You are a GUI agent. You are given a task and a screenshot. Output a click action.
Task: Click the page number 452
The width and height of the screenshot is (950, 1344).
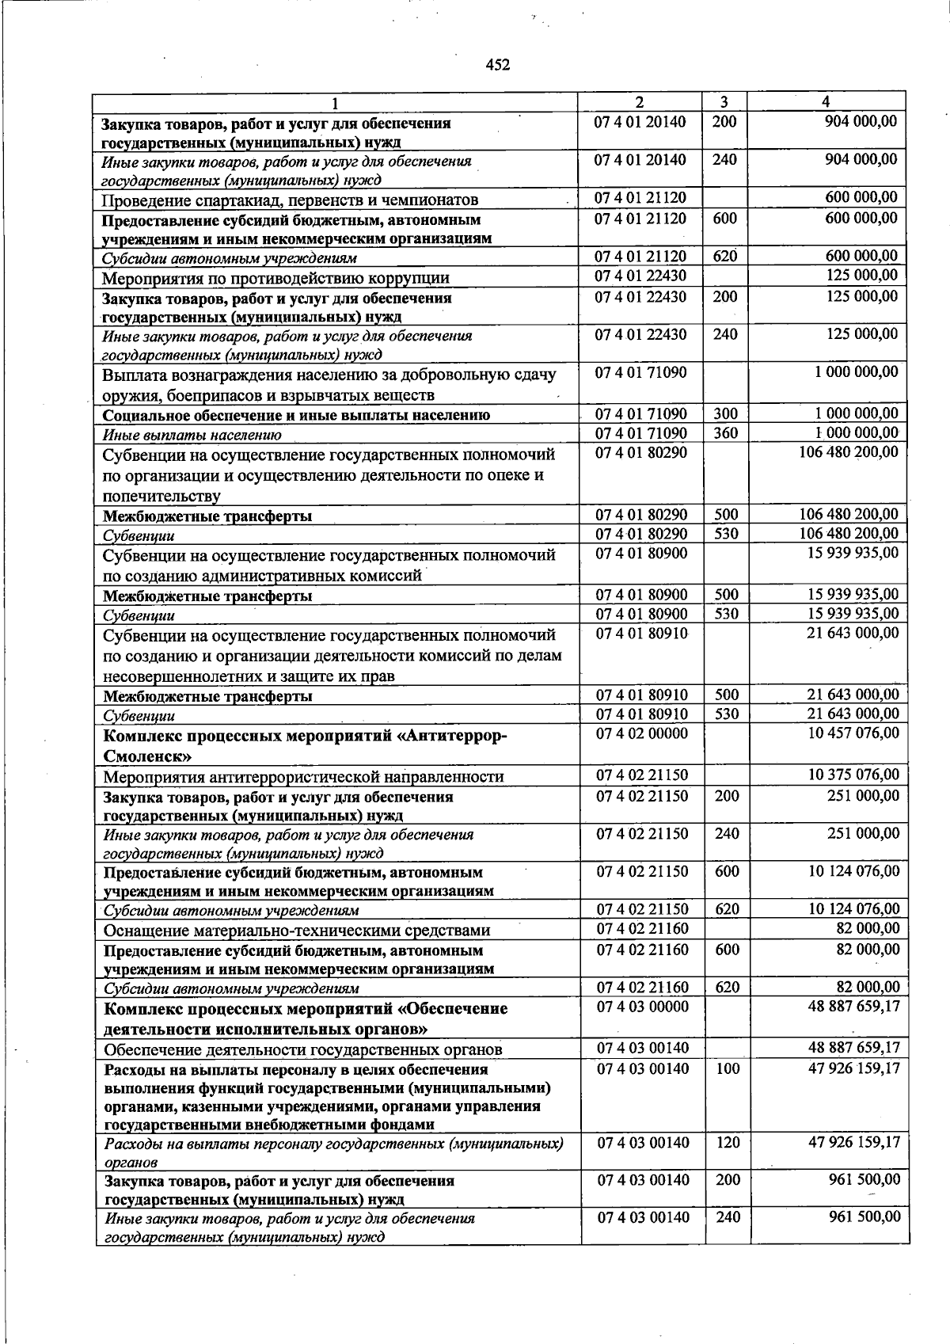point(497,66)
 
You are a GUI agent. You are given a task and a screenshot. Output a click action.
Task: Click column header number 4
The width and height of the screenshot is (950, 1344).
point(826,102)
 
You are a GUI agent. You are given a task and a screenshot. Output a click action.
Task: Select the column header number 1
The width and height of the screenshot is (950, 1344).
point(336,103)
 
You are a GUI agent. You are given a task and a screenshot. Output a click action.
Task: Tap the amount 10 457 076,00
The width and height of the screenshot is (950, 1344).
point(853,733)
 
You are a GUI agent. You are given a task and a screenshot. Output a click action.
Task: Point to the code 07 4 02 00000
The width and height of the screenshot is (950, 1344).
point(642,733)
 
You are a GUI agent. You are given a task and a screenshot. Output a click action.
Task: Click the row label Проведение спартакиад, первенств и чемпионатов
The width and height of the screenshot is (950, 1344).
point(290,200)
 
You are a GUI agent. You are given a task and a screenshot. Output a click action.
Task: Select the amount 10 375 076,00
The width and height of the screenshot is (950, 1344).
point(853,775)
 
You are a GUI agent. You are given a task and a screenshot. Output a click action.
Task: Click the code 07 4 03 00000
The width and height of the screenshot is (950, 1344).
point(642,1007)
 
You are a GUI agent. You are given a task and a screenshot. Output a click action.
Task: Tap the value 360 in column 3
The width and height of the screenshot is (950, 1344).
point(725,433)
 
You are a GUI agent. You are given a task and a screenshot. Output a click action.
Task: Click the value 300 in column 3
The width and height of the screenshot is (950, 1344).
point(725,413)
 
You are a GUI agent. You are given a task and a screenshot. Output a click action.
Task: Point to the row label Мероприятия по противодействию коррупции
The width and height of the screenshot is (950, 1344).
point(276,278)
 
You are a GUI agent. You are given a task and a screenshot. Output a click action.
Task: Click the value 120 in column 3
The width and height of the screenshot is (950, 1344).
point(727,1143)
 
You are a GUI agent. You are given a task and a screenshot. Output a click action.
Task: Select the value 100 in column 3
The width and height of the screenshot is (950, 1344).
point(727,1068)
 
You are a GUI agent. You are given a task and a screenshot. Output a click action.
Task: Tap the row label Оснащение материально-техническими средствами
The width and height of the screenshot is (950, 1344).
point(297,931)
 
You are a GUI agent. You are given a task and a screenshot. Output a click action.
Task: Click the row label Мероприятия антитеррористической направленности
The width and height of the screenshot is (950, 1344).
point(304,776)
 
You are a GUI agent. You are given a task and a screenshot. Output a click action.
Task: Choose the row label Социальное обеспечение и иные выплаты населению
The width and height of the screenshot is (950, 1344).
point(297,415)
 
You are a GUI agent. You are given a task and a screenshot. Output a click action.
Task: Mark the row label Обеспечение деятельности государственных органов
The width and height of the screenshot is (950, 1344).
point(303,1050)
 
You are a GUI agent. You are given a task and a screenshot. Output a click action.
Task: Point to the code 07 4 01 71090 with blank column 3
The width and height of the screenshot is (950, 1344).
point(642,372)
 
